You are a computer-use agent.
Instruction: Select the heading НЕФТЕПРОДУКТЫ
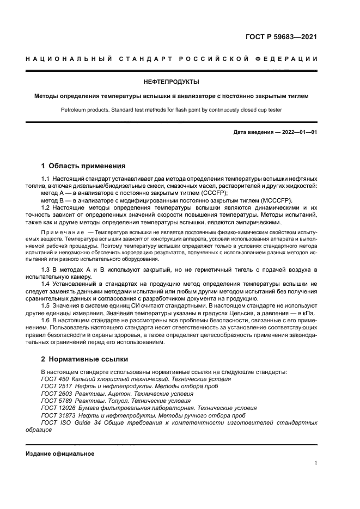pyautogui.click(x=171, y=82)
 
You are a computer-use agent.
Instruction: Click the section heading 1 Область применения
pyautogui.click(x=83, y=166)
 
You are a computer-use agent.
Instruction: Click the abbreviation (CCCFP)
pyautogui.click(x=213, y=193)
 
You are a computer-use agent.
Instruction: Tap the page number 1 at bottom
pyautogui.click(x=315, y=463)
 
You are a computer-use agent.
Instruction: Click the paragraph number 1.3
pyautogui.click(x=46, y=270)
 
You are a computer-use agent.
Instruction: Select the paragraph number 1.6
pyautogui.click(x=46, y=320)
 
